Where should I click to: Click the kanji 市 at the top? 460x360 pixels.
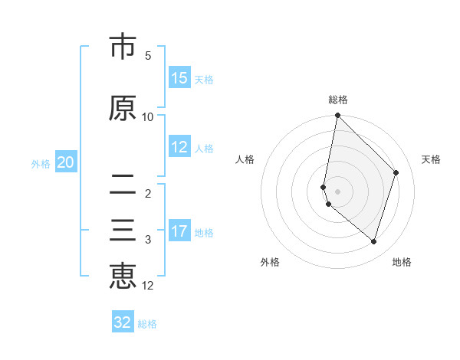[x=123, y=47]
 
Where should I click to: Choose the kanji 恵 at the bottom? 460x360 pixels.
[x=123, y=276]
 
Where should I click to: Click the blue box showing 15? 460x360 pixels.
[x=179, y=78]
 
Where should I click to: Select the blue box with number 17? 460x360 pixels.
[x=179, y=231]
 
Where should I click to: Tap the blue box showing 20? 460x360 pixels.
[x=66, y=162]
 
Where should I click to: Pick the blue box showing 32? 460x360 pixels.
[x=123, y=322]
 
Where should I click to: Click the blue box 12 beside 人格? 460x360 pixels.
[x=179, y=147]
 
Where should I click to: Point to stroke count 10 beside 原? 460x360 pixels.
[x=148, y=116]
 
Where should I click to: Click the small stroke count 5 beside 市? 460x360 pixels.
[x=148, y=56]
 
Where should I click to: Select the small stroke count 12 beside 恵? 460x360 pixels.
[x=148, y=286]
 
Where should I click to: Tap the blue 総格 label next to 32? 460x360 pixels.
[x=147, y=324]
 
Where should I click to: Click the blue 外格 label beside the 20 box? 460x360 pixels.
[x=41, y=163]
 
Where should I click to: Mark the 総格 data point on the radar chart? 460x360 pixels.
[x=337, y=116]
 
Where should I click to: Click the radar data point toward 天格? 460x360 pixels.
[x=396, y=172]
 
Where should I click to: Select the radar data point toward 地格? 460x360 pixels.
[x=373, y=241]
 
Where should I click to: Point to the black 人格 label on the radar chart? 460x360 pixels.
[x=245, y=159]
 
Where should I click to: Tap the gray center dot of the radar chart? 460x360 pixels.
[x=337, y=191]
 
